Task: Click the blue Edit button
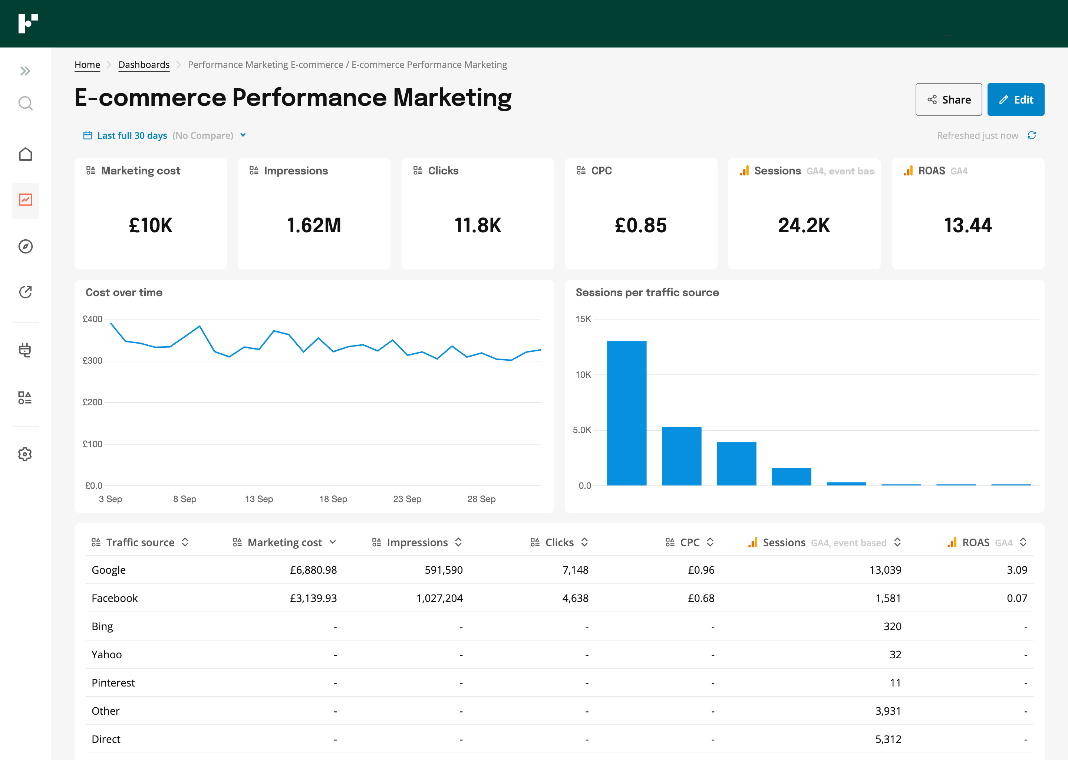pos(1015,100)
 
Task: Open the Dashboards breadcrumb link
pos(144,65)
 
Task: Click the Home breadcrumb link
pos(87,65)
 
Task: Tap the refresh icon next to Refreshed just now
pos(1032,135)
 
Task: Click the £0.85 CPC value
pos(640,226)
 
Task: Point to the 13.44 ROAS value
pos(968,226)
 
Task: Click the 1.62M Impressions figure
pos(313,226)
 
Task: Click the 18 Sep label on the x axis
pos(333,499)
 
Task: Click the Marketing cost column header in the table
pos(284,543)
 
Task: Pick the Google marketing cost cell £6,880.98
pos(313,570)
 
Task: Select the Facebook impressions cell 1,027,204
pos(439,598)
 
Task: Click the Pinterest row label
pos(113,683)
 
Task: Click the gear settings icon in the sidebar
pos(25,454)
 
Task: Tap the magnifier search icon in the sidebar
pos(25,103)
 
